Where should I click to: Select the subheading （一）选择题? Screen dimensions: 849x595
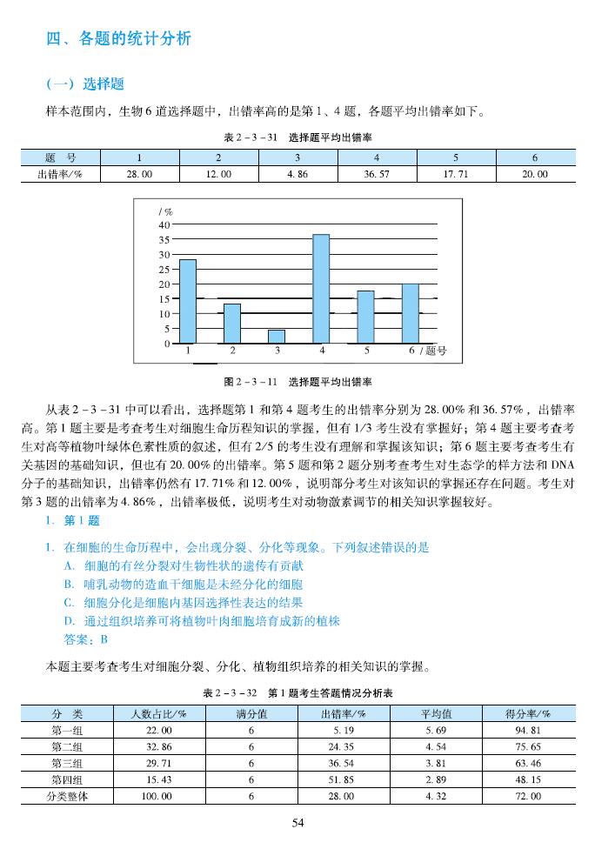pos(84,84)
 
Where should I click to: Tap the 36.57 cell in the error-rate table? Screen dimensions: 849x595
pos(377,174)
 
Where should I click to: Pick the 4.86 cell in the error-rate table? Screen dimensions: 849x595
pos(297,174)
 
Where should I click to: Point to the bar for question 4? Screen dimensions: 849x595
pos(321,289)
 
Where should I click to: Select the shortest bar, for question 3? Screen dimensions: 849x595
pos(277,336)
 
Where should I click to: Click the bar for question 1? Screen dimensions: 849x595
pos(188,301)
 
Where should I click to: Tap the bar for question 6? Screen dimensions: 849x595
pos(411,313)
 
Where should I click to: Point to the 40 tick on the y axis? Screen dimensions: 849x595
pos(164,224)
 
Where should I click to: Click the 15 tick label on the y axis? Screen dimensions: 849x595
pos(164,298)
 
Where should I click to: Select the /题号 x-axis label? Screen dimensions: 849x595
pos(432,351)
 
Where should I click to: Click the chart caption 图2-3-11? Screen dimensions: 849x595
pos(299,382)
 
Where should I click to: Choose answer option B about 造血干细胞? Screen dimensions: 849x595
pos(183,585)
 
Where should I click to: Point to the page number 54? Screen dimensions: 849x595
pos(297,823)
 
